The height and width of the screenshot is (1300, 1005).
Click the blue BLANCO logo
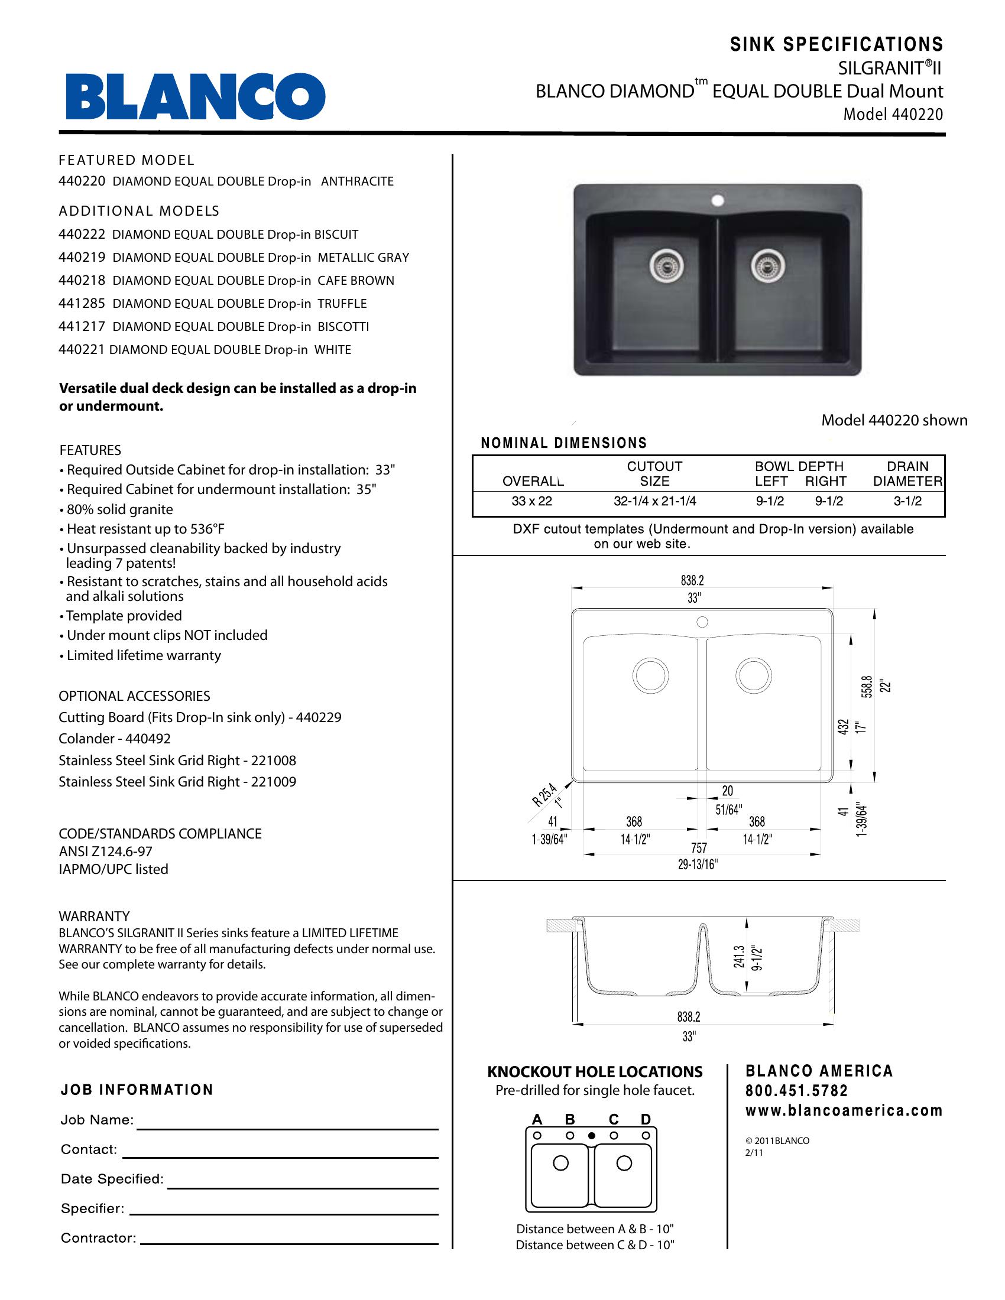click(195, 96)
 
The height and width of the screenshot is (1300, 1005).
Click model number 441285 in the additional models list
click(82, 304)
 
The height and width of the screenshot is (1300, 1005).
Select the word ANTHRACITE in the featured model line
click(357, 181)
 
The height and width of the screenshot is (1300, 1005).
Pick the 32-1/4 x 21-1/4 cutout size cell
click(654, 501)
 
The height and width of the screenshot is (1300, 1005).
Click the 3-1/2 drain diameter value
click(907, 501)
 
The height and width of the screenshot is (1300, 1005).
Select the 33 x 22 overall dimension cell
click(531, 501)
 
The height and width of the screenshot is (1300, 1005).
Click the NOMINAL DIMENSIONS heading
click(563, 443)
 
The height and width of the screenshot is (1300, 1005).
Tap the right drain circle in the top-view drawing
click(753, 675)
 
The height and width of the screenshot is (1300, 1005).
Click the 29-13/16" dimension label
click(698, 864)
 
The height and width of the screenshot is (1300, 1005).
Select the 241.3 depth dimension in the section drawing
click(739, 958)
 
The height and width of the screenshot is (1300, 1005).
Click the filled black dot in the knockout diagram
click(591, 1136)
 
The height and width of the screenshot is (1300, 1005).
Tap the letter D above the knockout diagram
click(646, 1119)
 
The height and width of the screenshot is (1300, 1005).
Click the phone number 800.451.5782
click(797, 1091)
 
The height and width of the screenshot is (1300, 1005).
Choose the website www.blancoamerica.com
click(844, 1111)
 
